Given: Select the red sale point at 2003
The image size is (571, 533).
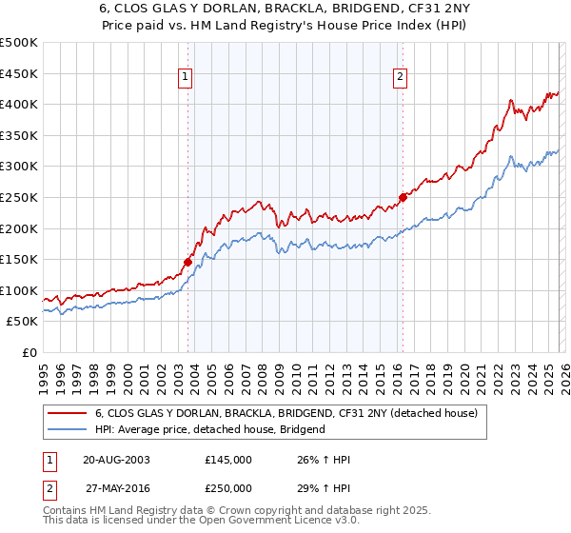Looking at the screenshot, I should click(x=187, y=262).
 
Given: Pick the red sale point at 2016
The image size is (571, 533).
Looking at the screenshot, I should click(x=403, y=197).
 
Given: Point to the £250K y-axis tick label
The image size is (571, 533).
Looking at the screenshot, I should click(x=19, y=197).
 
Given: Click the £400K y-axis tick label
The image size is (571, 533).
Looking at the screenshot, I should click(x=19, y=104).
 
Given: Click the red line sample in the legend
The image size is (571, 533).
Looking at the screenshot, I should click(x=67, y=413).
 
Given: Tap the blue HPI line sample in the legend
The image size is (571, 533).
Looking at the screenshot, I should click(x=67, y=429).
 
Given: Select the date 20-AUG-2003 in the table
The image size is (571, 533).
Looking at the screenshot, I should click(x=117, y=460).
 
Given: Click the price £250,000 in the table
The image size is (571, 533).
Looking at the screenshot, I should click(x=228, y=487).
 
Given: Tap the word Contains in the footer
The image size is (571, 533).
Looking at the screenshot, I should click(x=65, y=512).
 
